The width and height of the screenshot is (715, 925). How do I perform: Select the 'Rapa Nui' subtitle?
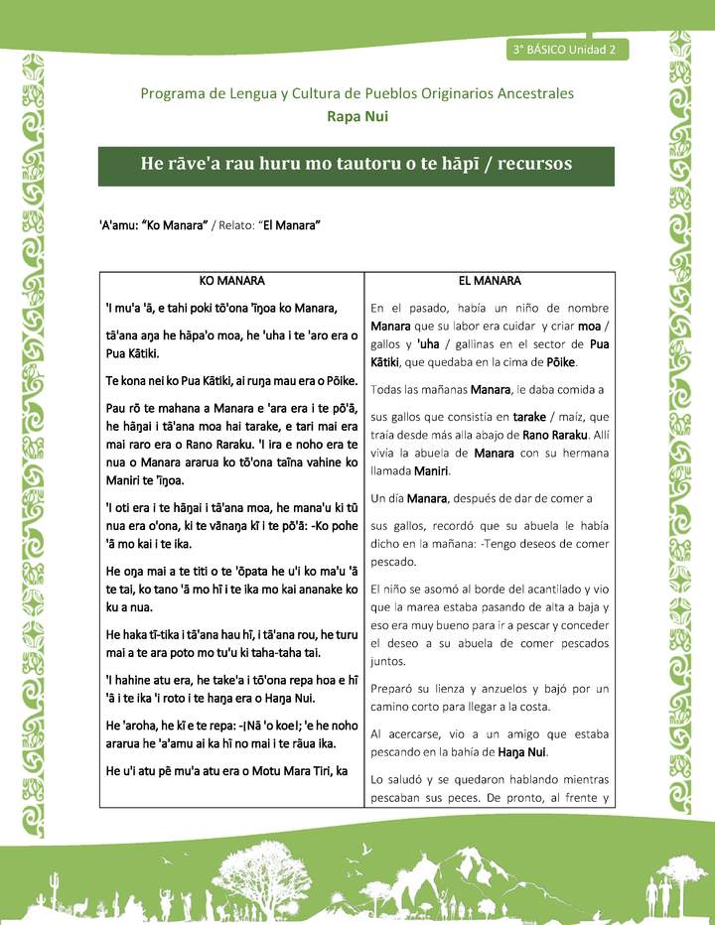[x=357, y=116]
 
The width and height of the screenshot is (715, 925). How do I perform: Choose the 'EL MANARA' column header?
[x=490, y=281]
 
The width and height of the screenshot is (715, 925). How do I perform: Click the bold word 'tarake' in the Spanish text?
[x=524, y=416]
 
